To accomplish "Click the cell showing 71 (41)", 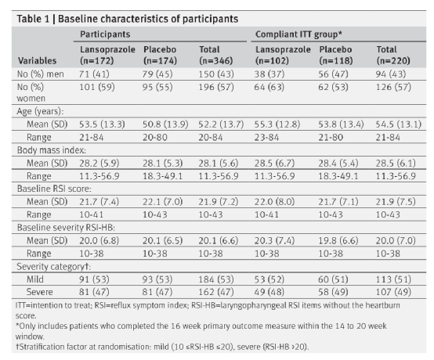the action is tap(94, 74).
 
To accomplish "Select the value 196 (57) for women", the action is tap(216, 87).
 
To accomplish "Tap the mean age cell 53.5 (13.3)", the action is tap(102, 124).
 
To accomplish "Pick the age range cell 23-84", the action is tap(266, 138).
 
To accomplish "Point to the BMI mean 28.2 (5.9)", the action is tap(99, 163).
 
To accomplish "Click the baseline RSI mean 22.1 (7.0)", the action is tap(162, 202).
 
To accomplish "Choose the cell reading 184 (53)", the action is tap(216, 279).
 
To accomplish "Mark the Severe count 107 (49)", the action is tap(393, 292).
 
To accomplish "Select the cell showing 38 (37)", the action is tap(269, 74).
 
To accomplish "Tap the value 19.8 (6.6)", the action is tap(338, 240).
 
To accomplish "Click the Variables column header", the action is tap(37, 60).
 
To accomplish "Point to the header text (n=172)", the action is tap(97, 60).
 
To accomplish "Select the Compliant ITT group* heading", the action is tap(298, 34).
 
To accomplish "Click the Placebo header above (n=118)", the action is tap(335, 49).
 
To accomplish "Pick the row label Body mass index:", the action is tap(52, 150).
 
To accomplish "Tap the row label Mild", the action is tap(35, 279).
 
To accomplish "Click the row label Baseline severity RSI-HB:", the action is tap(66, 228).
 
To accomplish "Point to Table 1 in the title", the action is tap(33, 19).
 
